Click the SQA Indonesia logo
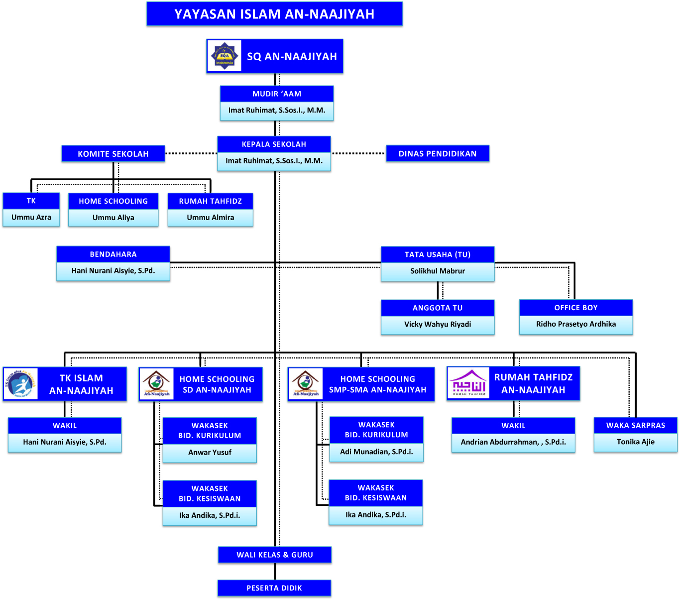click(224, 56)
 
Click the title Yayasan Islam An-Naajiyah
click(274, 14)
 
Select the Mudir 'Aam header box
click(277, 94)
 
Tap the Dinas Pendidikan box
click(438, 153)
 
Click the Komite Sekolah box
click(113, 154)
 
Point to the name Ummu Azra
click(31, 217)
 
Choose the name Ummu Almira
click(211, 218)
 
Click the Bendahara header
click(113, 254)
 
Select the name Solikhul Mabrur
click(438, 271)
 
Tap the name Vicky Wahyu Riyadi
click(438, 324)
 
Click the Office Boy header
click(576, 308)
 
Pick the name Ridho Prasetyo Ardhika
click(576, 324)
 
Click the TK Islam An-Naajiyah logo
click(20, 384)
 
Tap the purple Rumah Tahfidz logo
click(468, 383)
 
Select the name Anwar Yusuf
click(210, 453)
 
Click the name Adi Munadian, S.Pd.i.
click(376, 452)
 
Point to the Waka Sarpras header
click(636, 425)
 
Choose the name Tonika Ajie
click(636, 442)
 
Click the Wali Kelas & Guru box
click(275, 555)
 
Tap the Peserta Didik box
click(274, 588)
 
